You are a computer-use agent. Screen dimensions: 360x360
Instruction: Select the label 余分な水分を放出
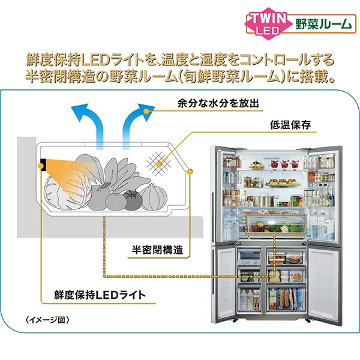tap(210, 104)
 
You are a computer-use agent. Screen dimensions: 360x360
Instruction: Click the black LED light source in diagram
tap(45, 163)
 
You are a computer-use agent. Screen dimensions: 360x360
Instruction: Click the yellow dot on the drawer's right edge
tap(190, 172)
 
